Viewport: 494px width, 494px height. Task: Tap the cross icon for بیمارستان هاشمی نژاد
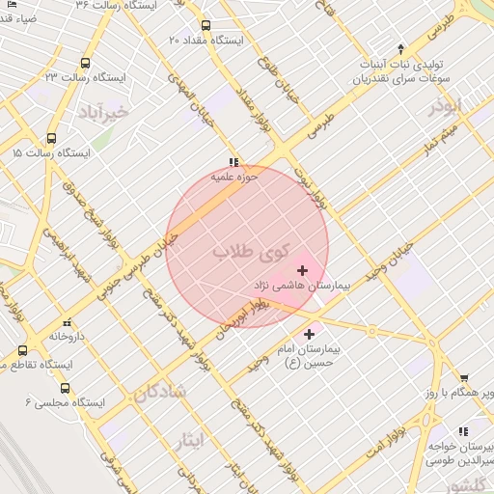click(x=303, y=270)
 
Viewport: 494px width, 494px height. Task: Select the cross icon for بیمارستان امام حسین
click(x=309, y=334)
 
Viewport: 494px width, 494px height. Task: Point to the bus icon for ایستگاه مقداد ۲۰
click(x=206, y=26)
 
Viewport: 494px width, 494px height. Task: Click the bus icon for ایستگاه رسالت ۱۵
click(x=51, y=138)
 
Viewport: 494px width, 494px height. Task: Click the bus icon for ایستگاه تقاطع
click(x=22, y=350)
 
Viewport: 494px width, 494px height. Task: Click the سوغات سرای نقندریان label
click(x=401, y=77)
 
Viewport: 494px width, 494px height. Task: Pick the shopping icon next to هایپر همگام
click(x=464, y=378)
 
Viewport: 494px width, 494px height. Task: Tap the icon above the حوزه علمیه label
click(x=233, y=161)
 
